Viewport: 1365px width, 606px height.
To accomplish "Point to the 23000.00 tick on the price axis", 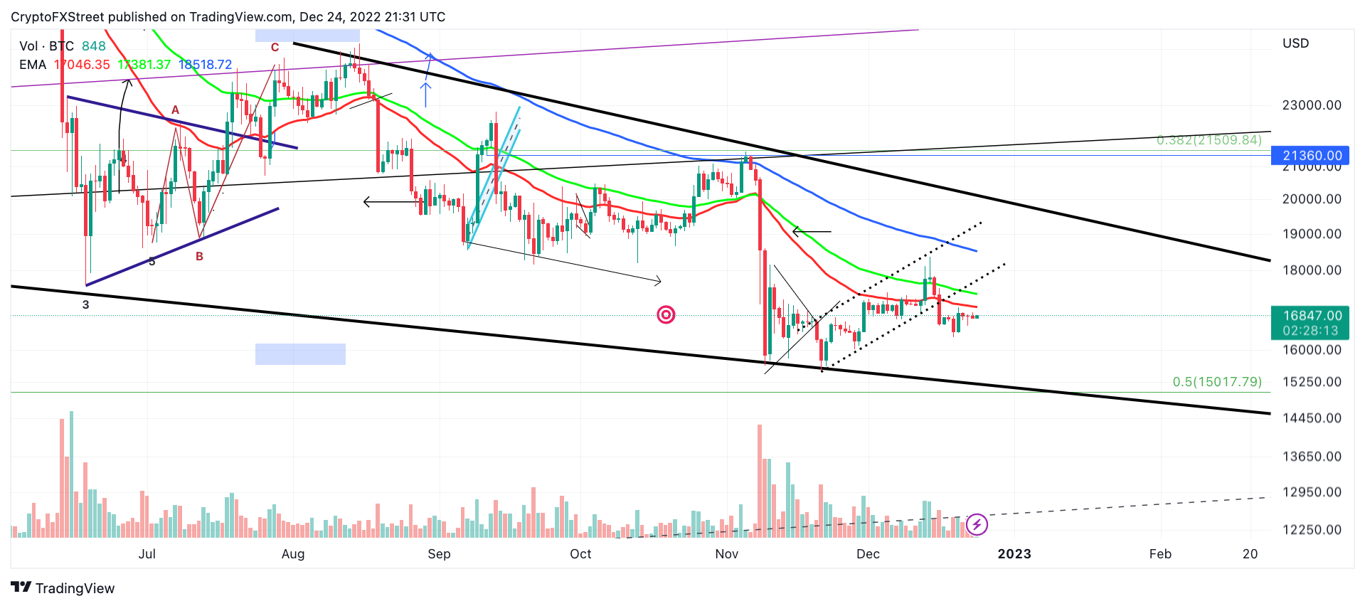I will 1311,105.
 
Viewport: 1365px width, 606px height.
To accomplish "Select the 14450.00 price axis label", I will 1311,418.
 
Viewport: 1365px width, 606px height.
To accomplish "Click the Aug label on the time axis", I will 293,554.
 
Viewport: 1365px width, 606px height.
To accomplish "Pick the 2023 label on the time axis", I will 1014,554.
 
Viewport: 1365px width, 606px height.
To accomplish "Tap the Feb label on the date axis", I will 1159,554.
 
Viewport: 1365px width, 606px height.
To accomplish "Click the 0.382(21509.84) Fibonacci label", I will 1209,140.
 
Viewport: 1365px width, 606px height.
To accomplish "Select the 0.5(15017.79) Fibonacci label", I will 1216,382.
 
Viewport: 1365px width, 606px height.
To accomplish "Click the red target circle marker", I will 666,314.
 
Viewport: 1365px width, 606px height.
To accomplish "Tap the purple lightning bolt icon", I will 977,525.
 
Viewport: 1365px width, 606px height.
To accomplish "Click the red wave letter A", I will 175,110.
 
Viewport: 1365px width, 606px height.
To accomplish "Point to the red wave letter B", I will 200,256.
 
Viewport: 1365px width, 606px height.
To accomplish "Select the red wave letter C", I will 275,48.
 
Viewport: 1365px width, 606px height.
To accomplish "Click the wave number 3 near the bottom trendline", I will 86,304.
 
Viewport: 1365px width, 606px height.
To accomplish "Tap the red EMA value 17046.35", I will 83,65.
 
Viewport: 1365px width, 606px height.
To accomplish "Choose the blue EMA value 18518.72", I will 205,65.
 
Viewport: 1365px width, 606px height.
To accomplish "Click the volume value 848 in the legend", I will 93,46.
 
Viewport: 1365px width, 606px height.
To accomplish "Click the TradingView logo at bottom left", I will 63,588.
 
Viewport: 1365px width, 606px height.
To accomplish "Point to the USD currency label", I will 1295,43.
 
